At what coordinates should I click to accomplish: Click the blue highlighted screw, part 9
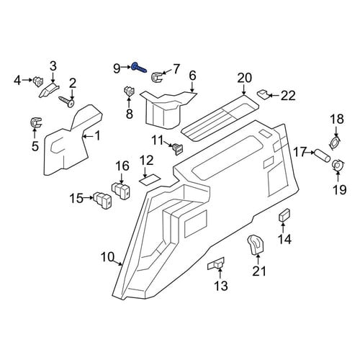[x=138, y=68]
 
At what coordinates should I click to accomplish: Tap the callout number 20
[x=245, y=78]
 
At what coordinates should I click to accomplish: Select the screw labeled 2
[x=66, y=102]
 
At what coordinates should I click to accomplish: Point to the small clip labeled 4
[x=38, y=81]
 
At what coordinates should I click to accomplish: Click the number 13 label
[x=220, y=286]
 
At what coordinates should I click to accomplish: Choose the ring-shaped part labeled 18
[x=336, y=143]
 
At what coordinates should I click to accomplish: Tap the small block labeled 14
[x=284, y=215]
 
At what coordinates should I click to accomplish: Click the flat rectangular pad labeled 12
[x=150, y=180]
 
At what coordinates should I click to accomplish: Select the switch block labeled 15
[x=103, y=200]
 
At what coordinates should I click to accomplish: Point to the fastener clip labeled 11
[x=178, y=149]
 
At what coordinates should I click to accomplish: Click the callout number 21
[x=259, y=271]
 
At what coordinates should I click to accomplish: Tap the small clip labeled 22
[x=263, y=94]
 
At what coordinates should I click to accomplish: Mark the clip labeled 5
[x=35, y=123]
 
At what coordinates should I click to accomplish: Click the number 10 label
[x=107, y=257]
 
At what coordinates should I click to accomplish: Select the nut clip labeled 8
[x=129, y=91]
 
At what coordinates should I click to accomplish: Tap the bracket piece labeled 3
[x=49, y=89]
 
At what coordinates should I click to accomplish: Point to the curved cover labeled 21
[x=256, y=244]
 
